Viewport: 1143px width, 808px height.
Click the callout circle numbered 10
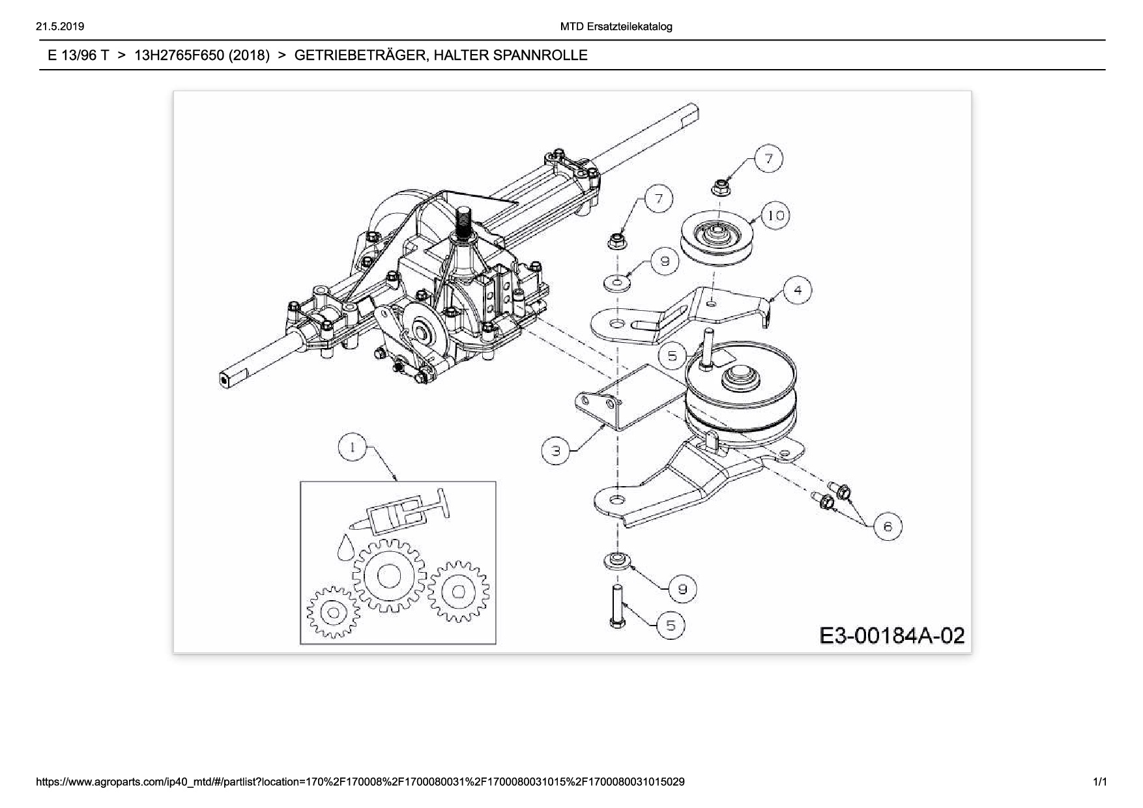[775, 215]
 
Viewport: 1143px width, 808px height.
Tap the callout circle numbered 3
[556, 450]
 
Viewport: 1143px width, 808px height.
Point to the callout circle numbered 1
[353, 447]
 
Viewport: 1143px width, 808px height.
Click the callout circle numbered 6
[888, 526]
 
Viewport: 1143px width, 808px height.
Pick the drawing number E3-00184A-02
[891, 635]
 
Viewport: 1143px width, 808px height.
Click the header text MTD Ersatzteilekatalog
[616, 27]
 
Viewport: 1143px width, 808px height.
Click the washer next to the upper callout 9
[616, 283]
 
